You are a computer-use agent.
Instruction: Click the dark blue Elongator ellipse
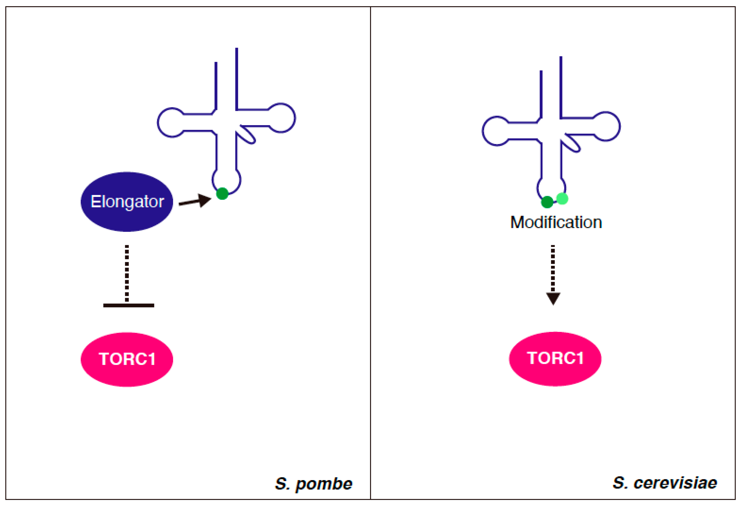pos(127,202)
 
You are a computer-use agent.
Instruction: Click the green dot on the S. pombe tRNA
pos(222,193)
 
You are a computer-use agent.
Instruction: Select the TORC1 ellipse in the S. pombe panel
pos(127,359)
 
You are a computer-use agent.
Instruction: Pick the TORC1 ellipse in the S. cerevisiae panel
pos(555,358)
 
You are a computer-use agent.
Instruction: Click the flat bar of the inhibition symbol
pos(129,305)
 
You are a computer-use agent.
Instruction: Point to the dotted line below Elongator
pos(127,273)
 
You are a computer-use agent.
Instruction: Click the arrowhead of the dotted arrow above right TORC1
pos(553,299)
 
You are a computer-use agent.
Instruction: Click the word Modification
pos(556,222)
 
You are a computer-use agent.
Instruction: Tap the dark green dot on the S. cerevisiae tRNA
pos(547,202)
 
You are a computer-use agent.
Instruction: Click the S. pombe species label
pos(313,484)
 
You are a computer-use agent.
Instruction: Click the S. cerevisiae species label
pos(665,483)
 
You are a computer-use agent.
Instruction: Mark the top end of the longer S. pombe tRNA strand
pos(237,49)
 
